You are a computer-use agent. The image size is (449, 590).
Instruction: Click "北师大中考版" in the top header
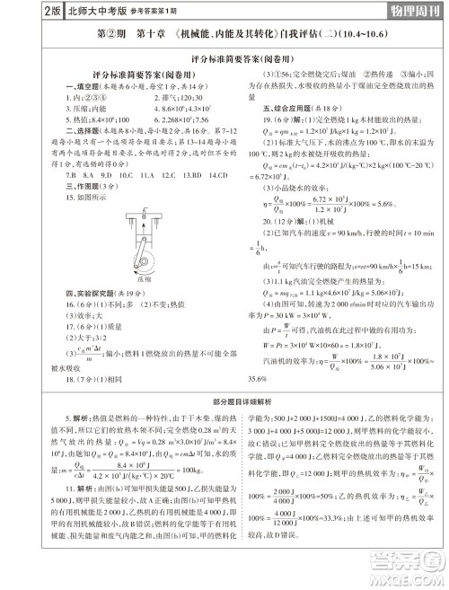click(64, 11)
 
